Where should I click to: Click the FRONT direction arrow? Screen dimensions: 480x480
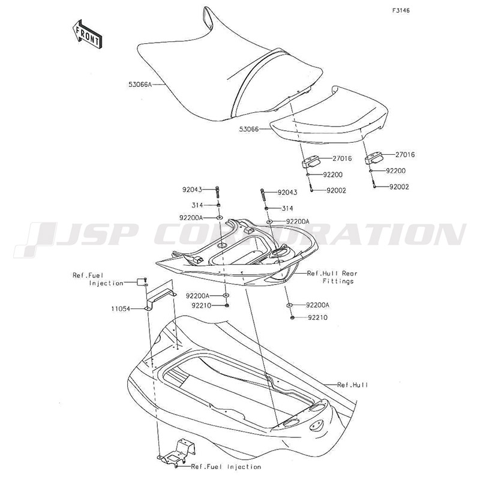[x=87, y=35]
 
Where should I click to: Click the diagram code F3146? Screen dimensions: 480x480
[x=401, y=11]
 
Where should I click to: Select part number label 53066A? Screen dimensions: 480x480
[x=140, y=84]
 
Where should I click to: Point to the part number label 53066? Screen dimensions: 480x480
[x=249, y=129]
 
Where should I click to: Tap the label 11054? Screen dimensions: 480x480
[x=121, y=309]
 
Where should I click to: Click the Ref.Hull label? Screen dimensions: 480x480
[x=353, y=385]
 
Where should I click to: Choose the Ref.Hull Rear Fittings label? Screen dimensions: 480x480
[x=332, y=277]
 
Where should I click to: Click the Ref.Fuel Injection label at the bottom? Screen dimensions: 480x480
[x=226, y=467]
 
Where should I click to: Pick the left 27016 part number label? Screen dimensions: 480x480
[x=342, y=158]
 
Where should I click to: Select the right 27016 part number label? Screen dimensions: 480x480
[x=405, y=155]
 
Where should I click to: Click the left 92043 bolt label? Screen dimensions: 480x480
[x=192, y=190]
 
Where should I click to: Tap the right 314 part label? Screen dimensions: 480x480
[x=287, y=208]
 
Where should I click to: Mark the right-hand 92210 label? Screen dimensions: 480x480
[x=318, y=317]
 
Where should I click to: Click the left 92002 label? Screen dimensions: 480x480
[x=336, y=190]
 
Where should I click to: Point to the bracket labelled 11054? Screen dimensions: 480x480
[x=160, y=295]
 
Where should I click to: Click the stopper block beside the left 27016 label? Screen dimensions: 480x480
[x=310, y=161]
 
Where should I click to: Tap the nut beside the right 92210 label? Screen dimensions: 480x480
[x=292, y=318]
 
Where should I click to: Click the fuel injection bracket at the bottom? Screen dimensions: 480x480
[x=177, y=452]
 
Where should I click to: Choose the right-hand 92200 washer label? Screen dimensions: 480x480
[x=395, y=171]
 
